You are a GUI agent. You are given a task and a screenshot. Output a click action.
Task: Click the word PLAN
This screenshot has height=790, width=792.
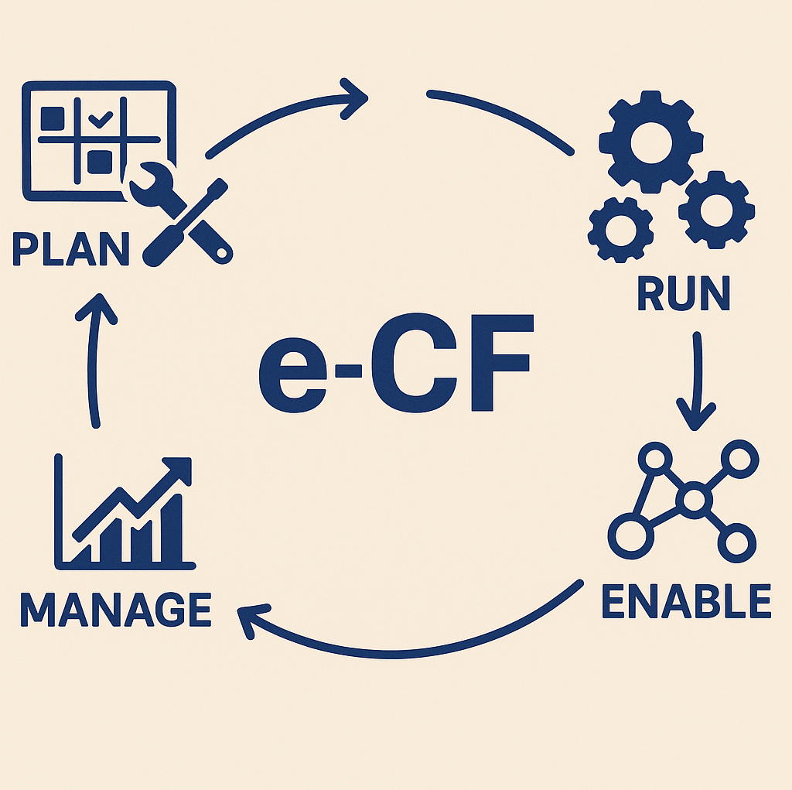70,247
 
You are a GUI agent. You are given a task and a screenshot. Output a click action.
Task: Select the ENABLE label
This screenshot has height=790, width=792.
686,601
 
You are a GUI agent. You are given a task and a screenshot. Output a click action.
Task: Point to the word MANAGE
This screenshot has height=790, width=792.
116,609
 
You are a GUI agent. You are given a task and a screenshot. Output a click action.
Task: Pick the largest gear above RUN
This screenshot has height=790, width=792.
650,142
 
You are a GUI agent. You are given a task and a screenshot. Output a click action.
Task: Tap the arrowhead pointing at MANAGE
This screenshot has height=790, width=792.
251,619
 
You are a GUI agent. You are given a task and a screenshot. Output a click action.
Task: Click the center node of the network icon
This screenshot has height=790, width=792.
694,499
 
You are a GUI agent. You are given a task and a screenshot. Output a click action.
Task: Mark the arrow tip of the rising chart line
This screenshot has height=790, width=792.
183,467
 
